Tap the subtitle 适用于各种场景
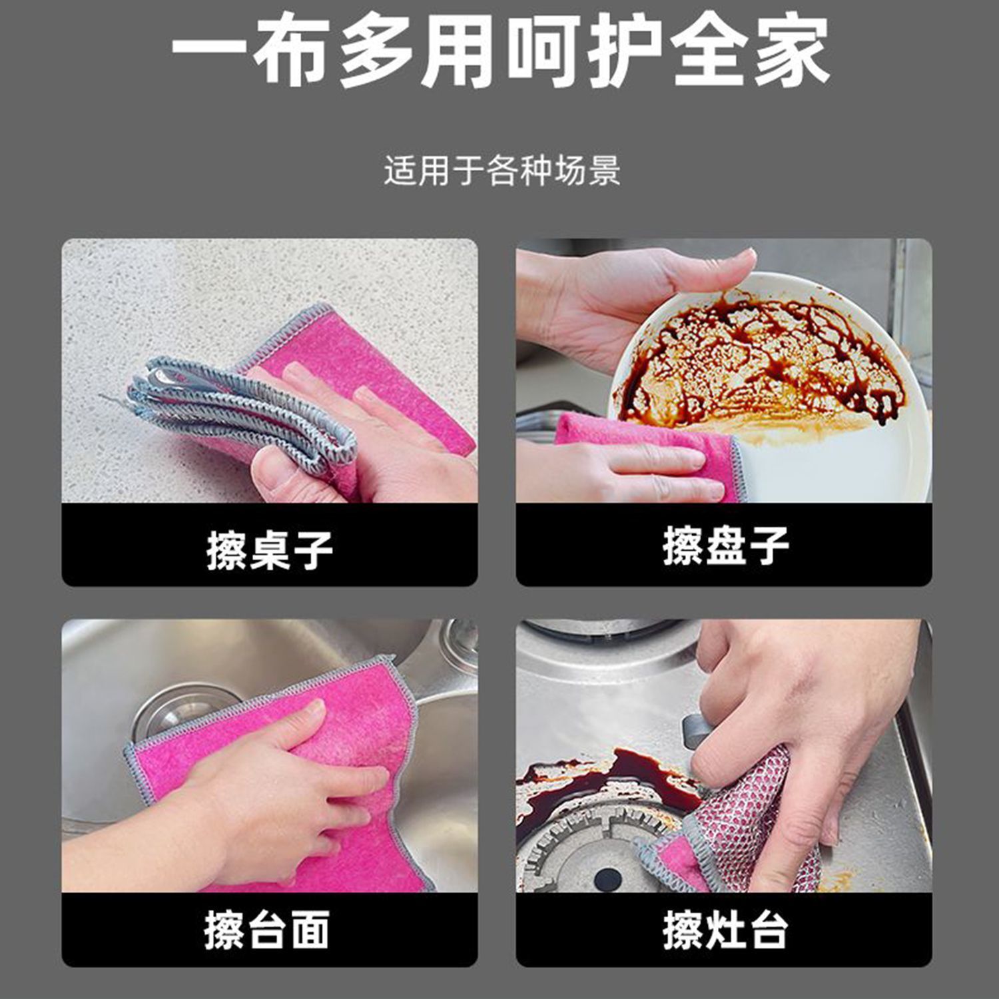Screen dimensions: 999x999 (502, 170)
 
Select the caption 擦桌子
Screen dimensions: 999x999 (270, 550)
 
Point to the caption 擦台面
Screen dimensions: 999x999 (267, 930)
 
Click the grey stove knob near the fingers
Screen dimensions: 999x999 (693, 731)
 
